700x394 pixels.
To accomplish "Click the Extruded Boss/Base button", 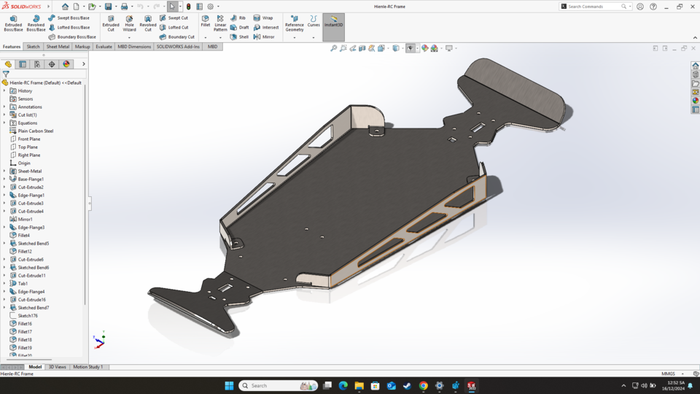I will coord(13,23).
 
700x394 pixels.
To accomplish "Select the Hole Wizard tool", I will coord(129,23).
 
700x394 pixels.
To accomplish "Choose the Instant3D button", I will coord(333,22).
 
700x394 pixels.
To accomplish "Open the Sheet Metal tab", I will coord(58,47).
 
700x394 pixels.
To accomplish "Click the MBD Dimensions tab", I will coord(134,47).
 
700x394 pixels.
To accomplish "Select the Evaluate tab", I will coord(104,47).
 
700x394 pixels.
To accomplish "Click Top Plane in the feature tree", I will coord(28,147).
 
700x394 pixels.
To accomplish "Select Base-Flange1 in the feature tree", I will coord(31,179).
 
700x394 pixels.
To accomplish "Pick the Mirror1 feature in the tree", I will coord(25,219).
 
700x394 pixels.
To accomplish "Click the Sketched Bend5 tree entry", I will coord(34,243).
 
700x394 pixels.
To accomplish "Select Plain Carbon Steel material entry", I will coord(36,131).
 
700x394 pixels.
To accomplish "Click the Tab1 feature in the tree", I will coord(23,283).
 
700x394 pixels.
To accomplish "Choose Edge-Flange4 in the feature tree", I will coord(31,291).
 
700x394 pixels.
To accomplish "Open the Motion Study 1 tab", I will coord(88,367).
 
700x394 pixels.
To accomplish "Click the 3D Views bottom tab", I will coord(57,367).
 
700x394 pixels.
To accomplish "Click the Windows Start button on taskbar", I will coord(228,386).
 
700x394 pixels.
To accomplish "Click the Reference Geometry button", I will coord(295,23).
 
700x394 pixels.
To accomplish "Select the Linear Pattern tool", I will coord(221,23).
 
